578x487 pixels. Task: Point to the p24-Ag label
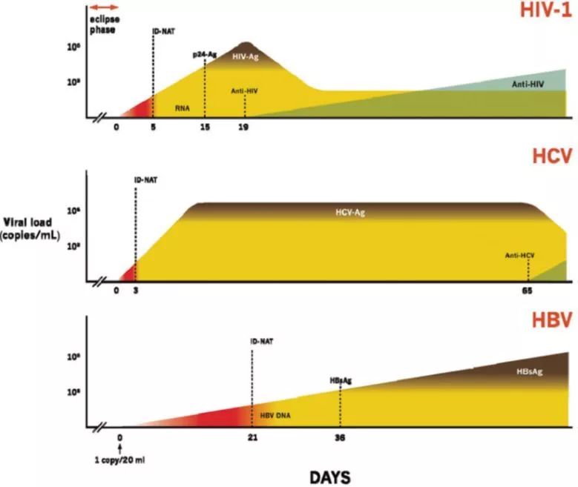204,54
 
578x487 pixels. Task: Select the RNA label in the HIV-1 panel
183,107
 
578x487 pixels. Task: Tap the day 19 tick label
243,127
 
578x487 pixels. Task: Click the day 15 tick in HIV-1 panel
206,127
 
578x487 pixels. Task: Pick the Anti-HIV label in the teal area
528,85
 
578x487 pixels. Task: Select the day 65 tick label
528,291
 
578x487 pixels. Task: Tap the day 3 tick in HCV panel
135,291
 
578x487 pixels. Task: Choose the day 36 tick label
340,437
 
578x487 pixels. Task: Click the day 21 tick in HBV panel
253,437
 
